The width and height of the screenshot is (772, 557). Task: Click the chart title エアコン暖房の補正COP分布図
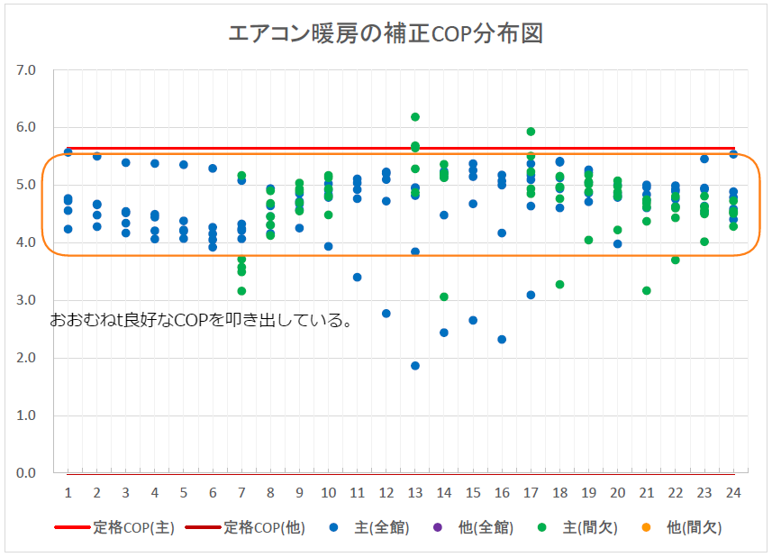point(386,33)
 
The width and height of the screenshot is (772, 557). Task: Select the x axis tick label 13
point(415,492)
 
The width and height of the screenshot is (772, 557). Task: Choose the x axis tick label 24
point(733,492)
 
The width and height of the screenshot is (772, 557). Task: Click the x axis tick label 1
point(68,492)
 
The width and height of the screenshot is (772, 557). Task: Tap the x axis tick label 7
point(241,492)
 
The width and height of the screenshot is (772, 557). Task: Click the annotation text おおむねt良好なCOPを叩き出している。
point(201,320)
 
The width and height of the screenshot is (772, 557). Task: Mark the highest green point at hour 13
point(415,117)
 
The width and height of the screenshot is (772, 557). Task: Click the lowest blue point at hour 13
point(415,366)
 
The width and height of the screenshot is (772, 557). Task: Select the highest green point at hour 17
point(531,132)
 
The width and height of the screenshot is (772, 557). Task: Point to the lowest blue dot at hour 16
point(502,340)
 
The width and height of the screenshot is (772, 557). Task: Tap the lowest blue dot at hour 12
point(386,314)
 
